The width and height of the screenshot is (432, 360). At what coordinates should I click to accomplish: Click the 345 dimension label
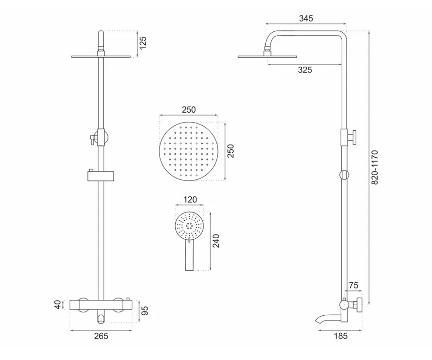pos(306,18)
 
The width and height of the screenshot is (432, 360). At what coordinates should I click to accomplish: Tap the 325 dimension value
pos(305,70)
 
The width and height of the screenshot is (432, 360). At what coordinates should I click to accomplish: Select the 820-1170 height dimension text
pos(375,167)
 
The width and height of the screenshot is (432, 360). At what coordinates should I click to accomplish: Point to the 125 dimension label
pos(143,43)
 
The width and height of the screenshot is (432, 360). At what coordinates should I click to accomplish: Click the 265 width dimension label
pos(101,336)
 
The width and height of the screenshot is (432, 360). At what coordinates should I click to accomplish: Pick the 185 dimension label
pos(341,336)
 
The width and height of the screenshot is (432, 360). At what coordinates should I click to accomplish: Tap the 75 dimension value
pos(354,285)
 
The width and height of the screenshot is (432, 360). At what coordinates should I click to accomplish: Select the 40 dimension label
pos(58,305)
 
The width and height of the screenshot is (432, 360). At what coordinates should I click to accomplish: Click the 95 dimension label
pos(145,311)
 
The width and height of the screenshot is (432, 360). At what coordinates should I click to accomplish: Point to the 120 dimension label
pos(190,200)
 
